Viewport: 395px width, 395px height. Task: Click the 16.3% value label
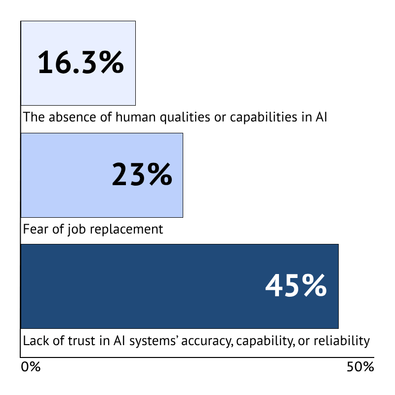80,63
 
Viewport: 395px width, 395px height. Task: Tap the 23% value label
142,175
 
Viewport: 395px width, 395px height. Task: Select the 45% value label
296,286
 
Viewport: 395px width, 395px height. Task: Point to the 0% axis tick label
31,367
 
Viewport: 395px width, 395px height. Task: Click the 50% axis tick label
360,367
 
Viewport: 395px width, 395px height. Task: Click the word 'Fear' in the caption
33,230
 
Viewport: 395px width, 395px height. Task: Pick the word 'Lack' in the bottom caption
33,341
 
